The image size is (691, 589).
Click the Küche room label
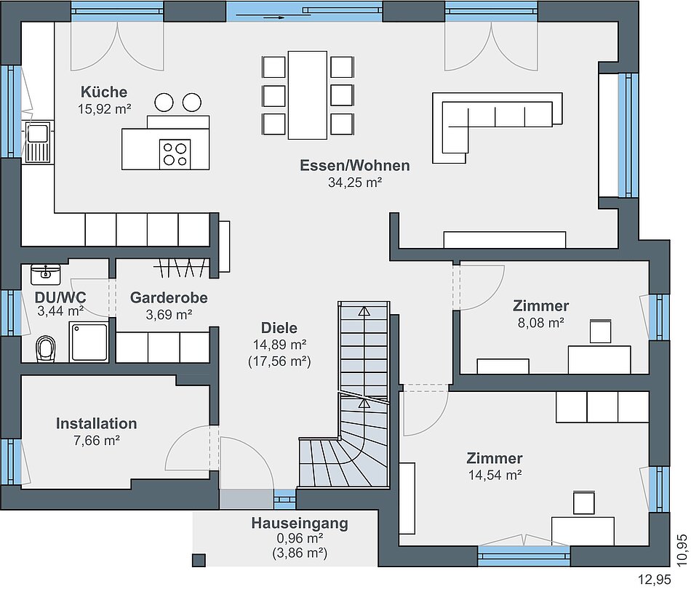click(x=104, y=92)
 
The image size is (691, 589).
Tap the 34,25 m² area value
click(x=355, y=183)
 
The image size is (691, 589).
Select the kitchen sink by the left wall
click(x=38, y=142)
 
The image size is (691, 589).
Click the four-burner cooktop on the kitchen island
click(x=175, y=154)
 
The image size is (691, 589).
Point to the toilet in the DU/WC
click(x=46, y=349)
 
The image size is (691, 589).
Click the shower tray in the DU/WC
click(x=89, y=342)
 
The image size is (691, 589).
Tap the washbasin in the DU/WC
click(x=45, y=274)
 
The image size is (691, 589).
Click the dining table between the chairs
click(x=308, y=95)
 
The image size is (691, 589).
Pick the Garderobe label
click(x=169, y=298)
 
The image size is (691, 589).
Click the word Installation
click(x=97, y=423)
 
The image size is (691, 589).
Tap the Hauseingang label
click(x=300, y=524)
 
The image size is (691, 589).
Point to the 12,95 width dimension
click(x=655, y=579)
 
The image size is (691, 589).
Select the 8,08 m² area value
click(x=541, y=323)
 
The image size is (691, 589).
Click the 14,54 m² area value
click(x=495, y=476)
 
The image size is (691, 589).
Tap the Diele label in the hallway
click(x=279, y=328)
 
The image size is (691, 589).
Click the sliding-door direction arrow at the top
click(x=260, y=17)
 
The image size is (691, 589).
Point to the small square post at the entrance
click(x=199, y=560)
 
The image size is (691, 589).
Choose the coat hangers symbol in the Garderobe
click(x=182, y=268)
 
